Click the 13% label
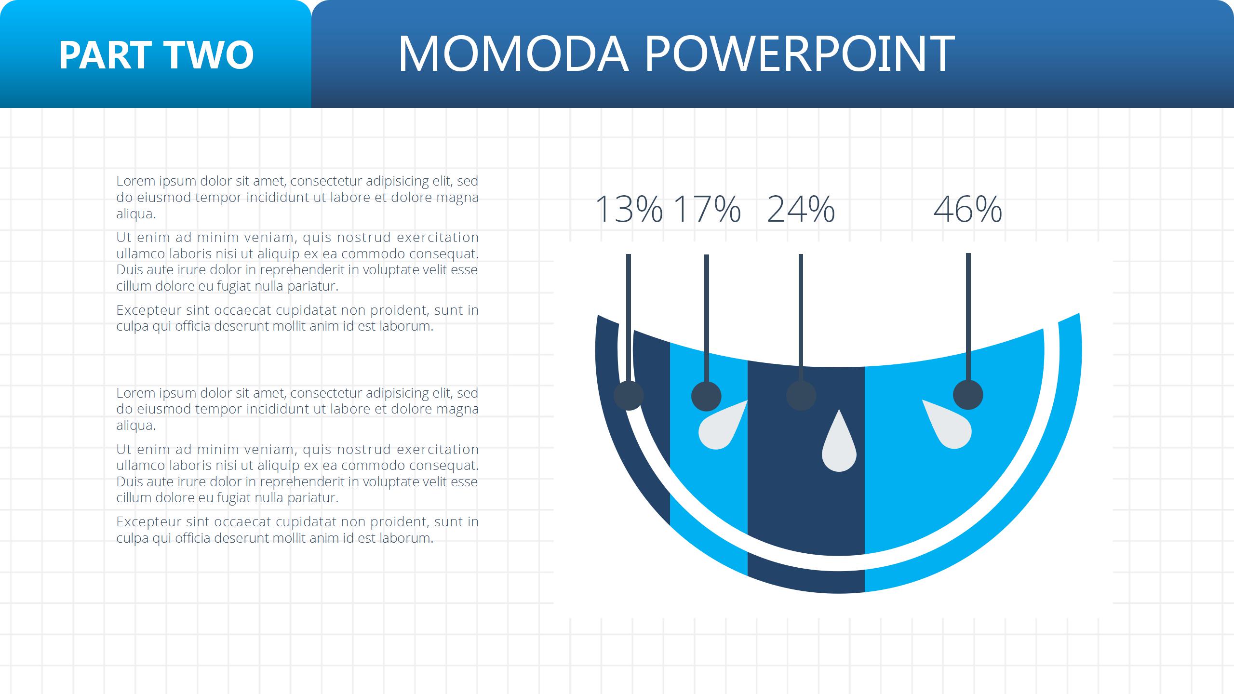(x=629, y=209)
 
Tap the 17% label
(x=707, y=209)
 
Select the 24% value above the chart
(x=801, y=209)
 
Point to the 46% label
(x=968, y=209)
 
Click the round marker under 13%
(x=629, y=396)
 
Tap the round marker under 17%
(x=706, y=396)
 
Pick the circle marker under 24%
(x=801, y=396)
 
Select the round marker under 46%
(x=968, y=395)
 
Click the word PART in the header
(x=104, y=55)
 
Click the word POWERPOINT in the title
(x=799, y=53)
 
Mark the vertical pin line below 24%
(x=801, y=318)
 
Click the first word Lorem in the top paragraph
(x=136, y=181)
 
